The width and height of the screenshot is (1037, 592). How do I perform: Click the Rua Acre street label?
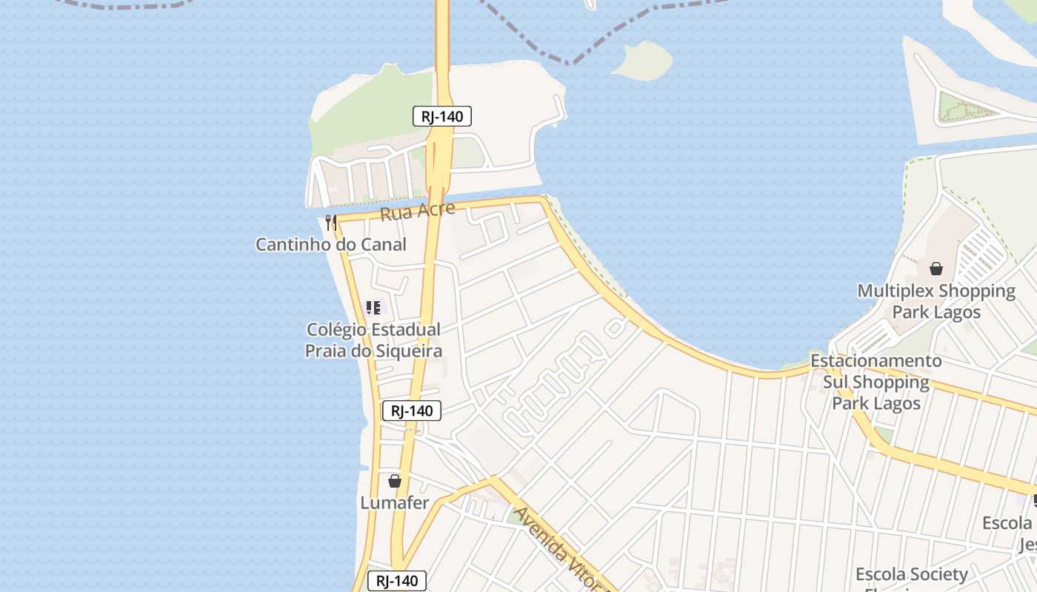coord(417,212)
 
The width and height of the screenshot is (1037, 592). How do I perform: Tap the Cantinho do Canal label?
coord(331,244)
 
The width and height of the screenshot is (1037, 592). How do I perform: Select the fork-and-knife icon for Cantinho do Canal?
coord(331,222)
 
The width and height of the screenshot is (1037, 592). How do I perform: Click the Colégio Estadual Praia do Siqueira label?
coord(373,340)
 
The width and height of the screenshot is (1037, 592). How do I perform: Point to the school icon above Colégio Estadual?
coord(373,307)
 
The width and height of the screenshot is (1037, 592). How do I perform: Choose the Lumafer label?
coord(394,503)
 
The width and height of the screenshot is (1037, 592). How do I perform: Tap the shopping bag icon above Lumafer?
coord(395,481)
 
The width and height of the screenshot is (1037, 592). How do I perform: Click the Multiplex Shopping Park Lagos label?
coord(936,301)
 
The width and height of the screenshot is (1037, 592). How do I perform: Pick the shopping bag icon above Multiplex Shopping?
coord(936,268)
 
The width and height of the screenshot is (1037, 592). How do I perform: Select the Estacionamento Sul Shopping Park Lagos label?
coord(876,382)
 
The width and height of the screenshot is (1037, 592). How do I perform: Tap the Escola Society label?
coord(911,574)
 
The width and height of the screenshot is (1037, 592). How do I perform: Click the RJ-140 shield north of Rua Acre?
coord(442,116)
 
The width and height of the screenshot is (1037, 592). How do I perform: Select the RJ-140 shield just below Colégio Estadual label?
coord(412,411)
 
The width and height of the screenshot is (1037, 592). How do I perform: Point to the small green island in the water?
coord(641,61)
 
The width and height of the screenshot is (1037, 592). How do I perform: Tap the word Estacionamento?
coord(876,361)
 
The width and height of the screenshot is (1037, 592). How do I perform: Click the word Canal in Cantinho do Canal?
coord(383,244)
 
